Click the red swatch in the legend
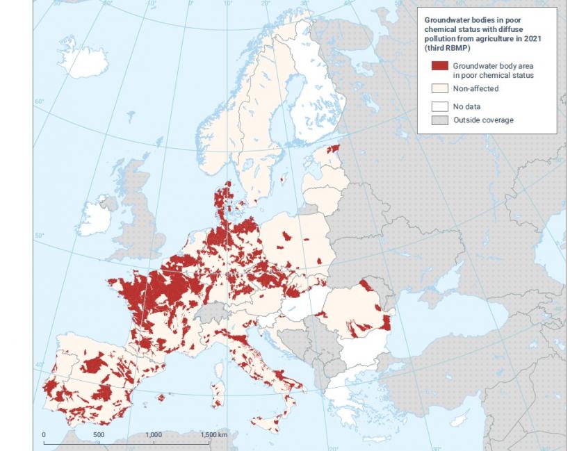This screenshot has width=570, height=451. (439, 66)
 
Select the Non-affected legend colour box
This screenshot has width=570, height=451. (439, 88)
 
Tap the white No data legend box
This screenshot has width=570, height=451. (439, 106)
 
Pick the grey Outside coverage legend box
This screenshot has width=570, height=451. (439, 120)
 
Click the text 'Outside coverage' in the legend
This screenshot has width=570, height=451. (483, 120)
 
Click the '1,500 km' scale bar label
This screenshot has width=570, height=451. (213, 434)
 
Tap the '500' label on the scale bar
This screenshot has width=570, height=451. (99, 434)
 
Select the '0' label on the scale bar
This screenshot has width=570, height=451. (44, 434)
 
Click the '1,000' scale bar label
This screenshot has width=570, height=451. (154, 434)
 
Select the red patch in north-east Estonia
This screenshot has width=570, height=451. (334, 148)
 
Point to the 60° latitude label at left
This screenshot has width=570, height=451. (39, 103)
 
